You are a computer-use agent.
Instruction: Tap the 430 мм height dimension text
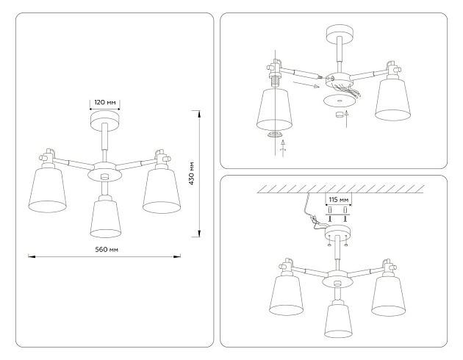pos(192,173)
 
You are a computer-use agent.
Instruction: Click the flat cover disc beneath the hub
pos(337,101)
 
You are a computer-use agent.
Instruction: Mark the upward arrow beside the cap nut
pos(348,115)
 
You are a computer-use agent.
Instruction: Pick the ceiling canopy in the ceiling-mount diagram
pos(338,234)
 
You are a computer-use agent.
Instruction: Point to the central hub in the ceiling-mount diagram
pos(338,278)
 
